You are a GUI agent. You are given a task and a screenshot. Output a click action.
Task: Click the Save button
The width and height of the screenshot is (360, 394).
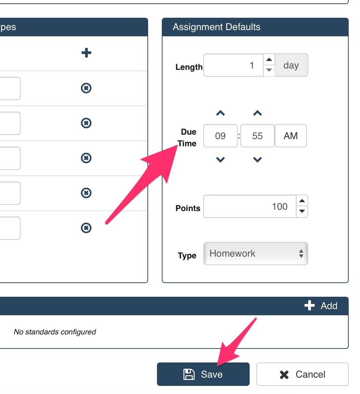203,374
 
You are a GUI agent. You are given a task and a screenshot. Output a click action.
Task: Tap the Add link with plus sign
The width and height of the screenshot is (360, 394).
321,306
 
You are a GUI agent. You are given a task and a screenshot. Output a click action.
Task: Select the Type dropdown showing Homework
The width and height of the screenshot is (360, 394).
255,253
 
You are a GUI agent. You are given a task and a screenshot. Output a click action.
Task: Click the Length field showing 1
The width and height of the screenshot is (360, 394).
233,65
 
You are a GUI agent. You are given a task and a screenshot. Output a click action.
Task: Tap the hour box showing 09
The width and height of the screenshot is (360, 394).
220,136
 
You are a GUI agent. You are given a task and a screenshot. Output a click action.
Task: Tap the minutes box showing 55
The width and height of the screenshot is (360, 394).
257,136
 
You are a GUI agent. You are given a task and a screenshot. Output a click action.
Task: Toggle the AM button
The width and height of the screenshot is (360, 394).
291,136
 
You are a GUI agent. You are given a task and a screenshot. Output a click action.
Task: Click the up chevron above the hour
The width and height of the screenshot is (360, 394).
220,113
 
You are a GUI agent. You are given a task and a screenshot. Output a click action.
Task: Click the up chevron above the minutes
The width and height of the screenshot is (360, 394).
258,113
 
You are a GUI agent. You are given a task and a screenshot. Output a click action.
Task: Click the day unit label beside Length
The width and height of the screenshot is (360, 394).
291,65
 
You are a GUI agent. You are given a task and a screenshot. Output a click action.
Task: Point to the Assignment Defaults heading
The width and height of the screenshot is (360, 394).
216,27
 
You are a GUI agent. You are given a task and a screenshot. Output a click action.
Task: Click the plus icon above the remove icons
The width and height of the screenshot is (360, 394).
86,53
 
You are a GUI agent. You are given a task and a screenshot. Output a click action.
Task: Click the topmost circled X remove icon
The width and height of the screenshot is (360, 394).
86,88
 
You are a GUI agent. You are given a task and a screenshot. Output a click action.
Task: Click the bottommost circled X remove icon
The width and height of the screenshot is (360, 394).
86,228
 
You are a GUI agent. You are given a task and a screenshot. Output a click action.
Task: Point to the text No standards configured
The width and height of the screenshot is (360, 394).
55,332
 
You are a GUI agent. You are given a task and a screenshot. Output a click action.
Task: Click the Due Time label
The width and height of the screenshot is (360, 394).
188,138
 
